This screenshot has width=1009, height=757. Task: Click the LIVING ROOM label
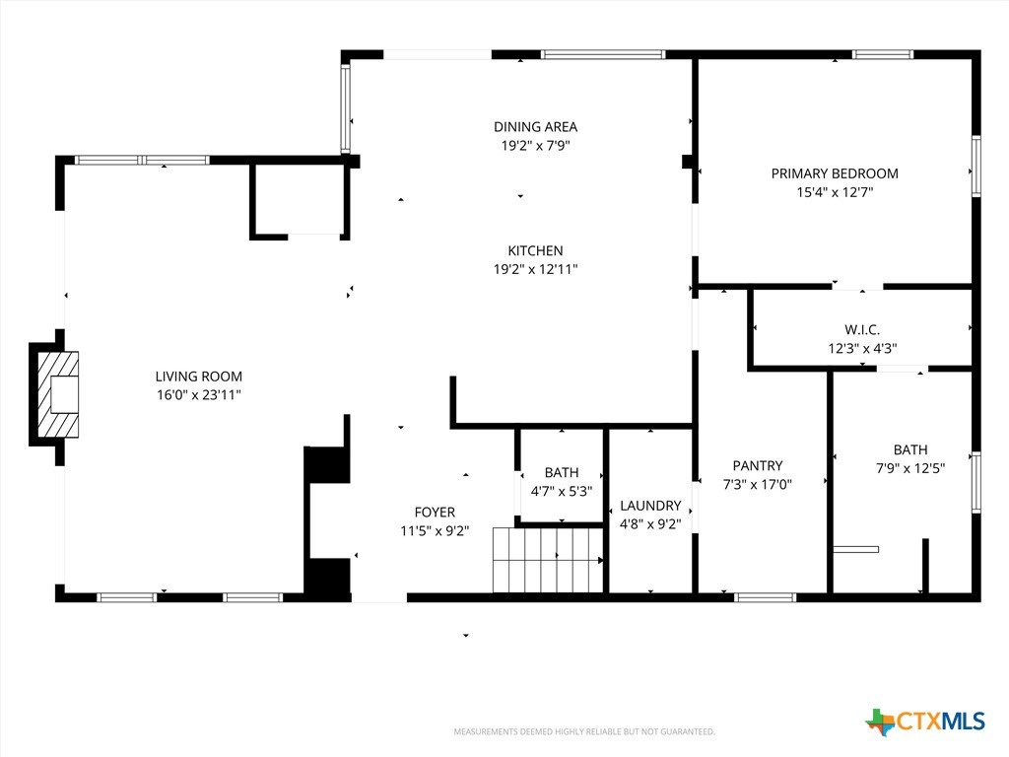(x=199, y=377)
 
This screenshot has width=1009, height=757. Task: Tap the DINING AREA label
(x=535, y=127)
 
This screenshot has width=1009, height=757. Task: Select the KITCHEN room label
(x=535, y=250)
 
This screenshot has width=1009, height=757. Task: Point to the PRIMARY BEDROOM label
(x=835, y=173)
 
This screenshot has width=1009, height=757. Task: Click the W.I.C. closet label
(x=862, y=329)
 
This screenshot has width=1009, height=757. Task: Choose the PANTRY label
(x=758, y=465)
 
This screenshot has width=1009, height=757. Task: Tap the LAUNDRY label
(x=650, y=506)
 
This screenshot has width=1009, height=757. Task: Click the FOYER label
(x=435, y=512)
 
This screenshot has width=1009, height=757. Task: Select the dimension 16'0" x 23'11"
(x=199, y=394)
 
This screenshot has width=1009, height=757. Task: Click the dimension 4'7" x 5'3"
(x=562, y=491)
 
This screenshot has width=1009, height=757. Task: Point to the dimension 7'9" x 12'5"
(x=910, y=468)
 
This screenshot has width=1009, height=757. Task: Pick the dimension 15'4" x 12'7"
(x=835, y=192)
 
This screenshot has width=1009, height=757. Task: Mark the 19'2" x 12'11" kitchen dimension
(x=535, y=269)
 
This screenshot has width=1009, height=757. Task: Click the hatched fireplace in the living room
(x=58, y=394)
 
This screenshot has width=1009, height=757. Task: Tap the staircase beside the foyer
(x=548, y=560)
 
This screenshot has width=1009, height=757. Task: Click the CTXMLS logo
(x=925, y=722)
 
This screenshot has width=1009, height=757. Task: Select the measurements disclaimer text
(x=584, y=731)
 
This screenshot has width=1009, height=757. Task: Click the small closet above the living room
(x=300, y=200)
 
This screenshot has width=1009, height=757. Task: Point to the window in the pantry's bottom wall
(x=765, y=597)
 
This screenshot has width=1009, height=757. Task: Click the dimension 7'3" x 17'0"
(x=758, y=484)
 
